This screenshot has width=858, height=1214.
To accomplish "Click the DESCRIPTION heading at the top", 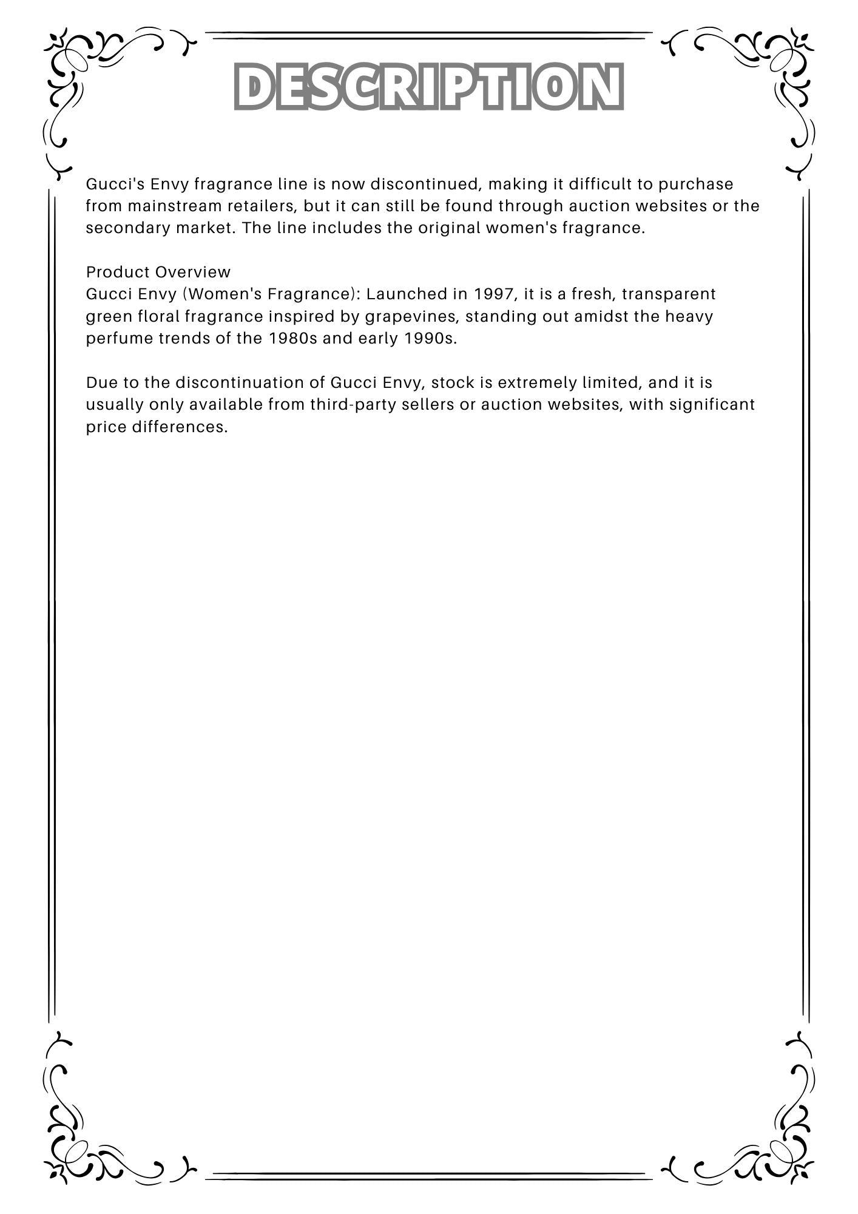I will click(428, 86).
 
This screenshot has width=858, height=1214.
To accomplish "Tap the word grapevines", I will click(410, 317).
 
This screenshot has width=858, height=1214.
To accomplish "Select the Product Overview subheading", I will click(158, 272).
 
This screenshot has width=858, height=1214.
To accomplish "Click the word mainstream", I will click(175, 206).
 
